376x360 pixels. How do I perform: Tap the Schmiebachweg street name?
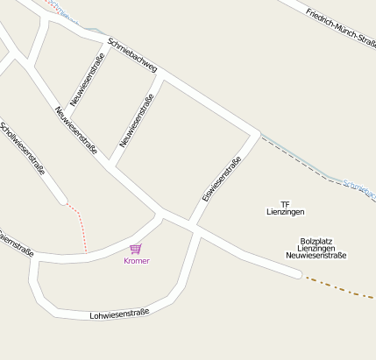[131, 54]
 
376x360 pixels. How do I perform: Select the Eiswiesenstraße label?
[221, 179]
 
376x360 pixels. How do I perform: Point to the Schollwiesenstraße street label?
[23, 149]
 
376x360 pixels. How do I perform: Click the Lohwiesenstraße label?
[119, 313]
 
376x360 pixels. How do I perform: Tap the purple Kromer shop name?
[137, 261]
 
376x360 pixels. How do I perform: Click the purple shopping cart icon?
[136, 249]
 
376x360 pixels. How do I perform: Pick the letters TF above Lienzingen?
[285, 203]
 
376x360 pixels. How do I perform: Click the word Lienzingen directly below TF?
[286, 212]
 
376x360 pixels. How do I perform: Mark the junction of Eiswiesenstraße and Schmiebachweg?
[255, 135]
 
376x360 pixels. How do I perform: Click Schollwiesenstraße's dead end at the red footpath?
[63, 201]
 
